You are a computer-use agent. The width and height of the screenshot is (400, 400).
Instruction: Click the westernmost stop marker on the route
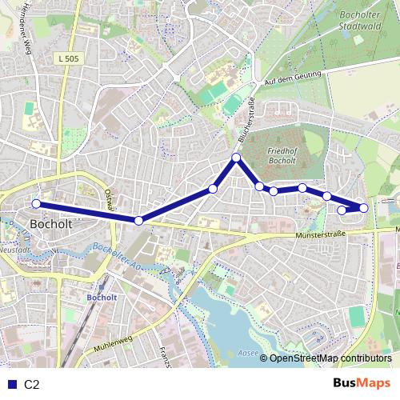[x=36, y=204]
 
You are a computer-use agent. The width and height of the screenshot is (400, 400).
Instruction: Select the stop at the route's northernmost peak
[x=236, y=158]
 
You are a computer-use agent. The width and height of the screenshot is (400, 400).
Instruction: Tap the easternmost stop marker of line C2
[x=364, y=208]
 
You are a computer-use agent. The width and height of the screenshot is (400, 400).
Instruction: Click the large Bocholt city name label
[x=50, y=224]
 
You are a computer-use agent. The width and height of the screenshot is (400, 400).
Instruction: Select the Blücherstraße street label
[x=246, y=125]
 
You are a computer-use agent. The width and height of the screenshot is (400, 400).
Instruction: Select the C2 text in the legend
[x=32, y=384]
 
